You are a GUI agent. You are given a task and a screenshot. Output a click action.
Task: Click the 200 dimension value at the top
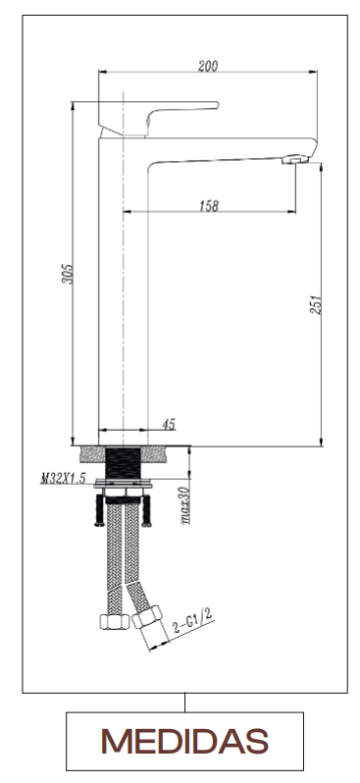point(208,66)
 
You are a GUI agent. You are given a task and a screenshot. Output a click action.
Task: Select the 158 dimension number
point(209,206)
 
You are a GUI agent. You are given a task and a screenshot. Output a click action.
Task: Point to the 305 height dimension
point(67,274)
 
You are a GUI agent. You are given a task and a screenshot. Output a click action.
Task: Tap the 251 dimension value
point(316,304)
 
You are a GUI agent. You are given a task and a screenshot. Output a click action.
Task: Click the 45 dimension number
point(169,424)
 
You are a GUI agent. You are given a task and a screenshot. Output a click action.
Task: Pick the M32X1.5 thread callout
point(63,479)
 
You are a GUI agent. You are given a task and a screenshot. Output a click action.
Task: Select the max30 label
point(184,505)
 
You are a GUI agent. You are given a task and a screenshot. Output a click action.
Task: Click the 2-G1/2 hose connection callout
point(193,620)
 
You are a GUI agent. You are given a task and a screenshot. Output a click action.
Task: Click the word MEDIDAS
point(184,741)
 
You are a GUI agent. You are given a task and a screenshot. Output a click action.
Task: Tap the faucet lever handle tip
point(216,105)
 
